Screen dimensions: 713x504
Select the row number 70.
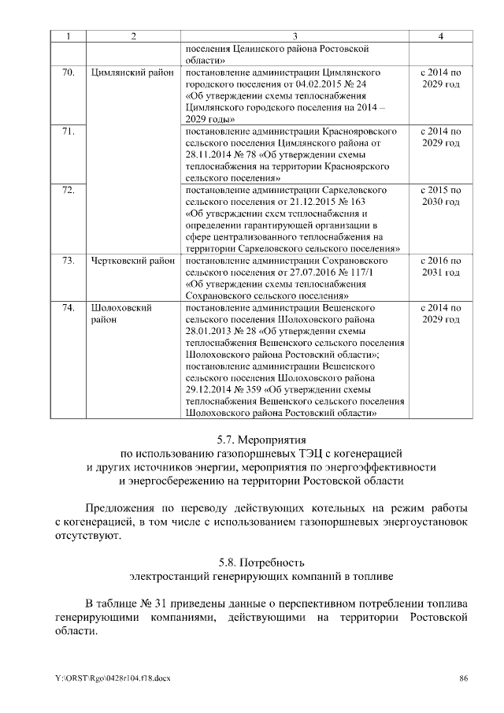click(x=68, y=72)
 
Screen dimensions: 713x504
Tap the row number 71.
click(x=68, y=132)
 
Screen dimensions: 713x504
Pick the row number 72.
click(x=68, y=191)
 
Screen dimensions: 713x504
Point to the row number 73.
click(x=68, y=261)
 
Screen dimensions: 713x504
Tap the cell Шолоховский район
click(x=121, y=314)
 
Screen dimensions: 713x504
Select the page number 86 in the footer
click(x=464, y=678)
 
